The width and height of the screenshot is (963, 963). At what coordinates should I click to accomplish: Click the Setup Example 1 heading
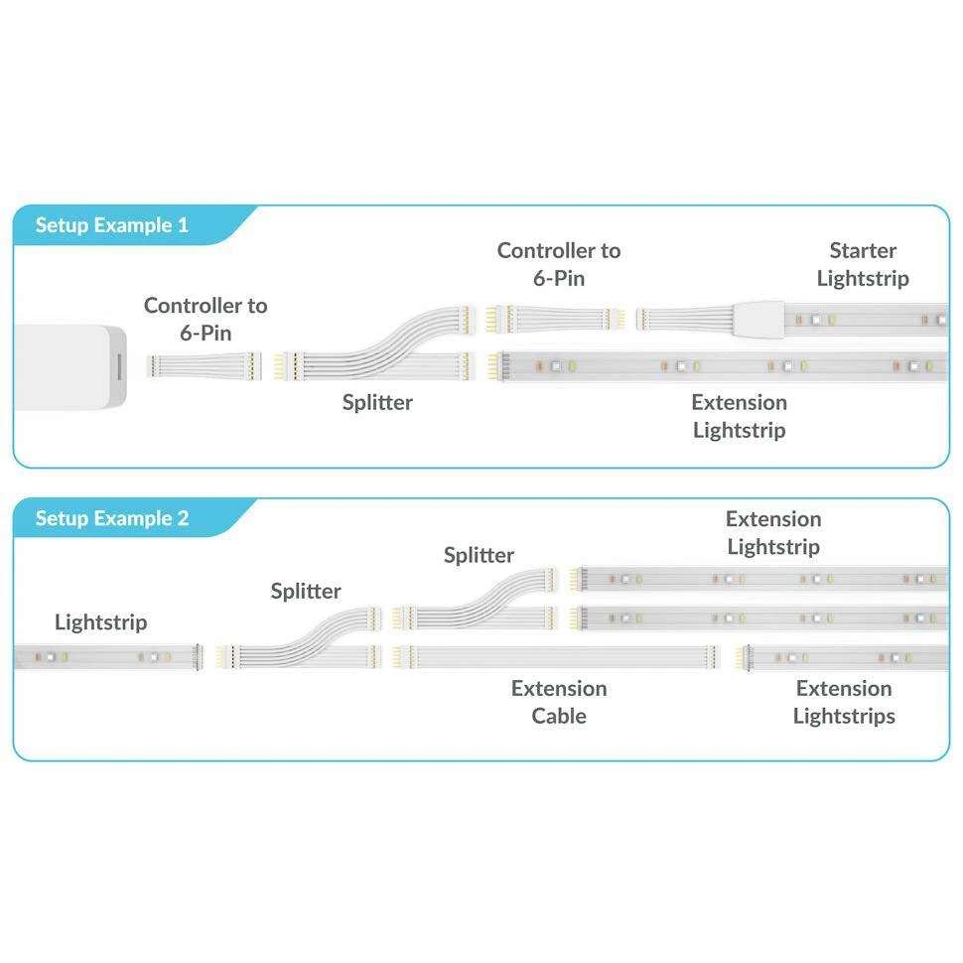111,225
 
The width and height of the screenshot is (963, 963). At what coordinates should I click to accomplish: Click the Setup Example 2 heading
111,518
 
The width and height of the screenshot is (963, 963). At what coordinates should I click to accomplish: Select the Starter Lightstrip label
862,264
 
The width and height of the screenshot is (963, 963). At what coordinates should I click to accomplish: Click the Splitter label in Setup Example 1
377,402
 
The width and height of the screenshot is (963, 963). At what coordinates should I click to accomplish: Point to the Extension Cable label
558,702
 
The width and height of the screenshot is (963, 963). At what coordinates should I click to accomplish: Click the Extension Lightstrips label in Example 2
844,702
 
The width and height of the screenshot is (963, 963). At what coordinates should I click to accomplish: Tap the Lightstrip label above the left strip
100,622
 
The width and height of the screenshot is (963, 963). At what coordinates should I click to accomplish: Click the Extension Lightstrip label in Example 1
739,416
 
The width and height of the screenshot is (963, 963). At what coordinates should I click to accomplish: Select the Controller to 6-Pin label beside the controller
206,319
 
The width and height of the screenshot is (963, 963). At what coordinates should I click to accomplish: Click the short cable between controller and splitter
204,363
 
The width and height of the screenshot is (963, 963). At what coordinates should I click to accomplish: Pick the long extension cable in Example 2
557,657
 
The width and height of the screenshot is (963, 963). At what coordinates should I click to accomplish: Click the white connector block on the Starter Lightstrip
758,319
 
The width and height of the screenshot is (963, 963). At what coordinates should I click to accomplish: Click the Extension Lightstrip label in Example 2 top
773,532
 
